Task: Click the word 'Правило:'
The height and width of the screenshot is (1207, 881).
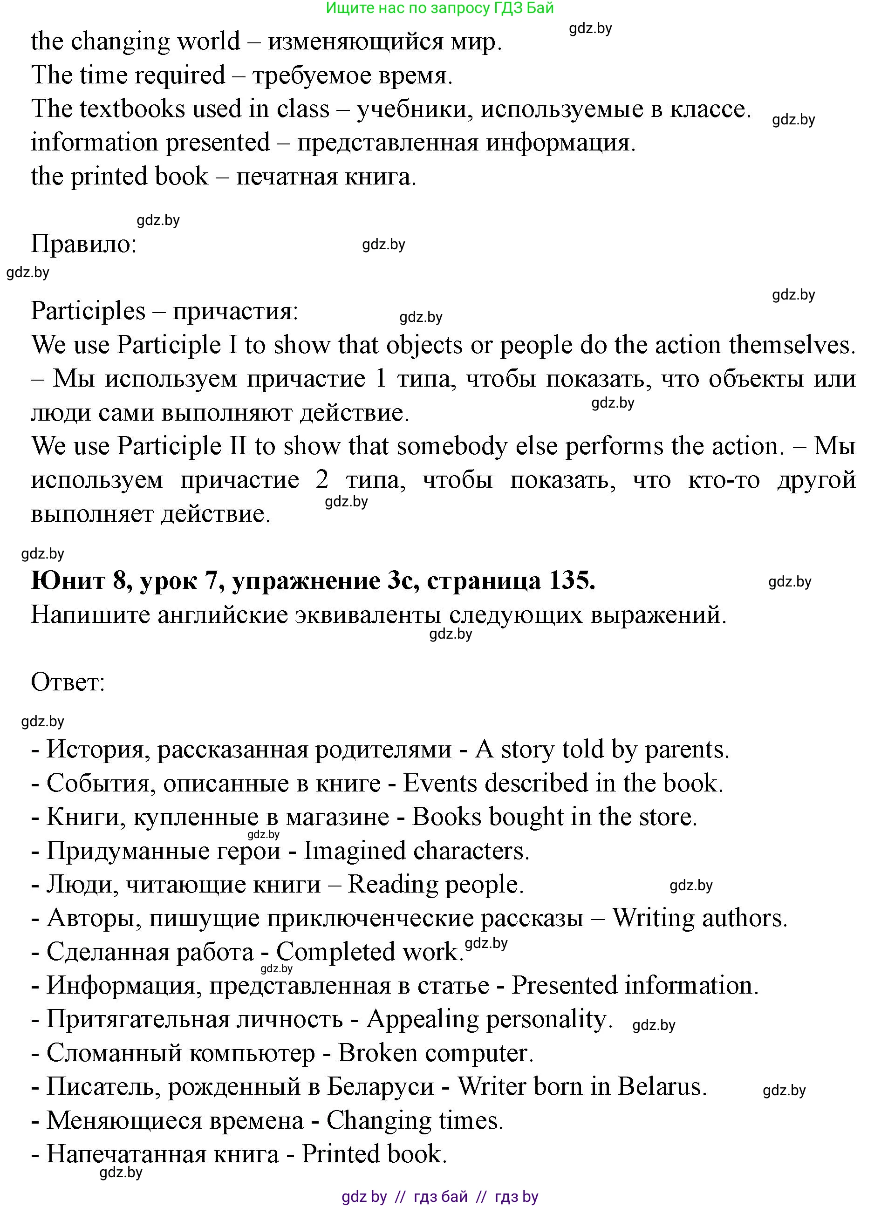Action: click(84, 245)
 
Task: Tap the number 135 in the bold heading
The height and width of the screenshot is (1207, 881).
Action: click(569, 580)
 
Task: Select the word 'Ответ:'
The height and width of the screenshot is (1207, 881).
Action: click(68, 682)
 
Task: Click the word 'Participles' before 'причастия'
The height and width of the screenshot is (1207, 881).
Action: click(88, 311)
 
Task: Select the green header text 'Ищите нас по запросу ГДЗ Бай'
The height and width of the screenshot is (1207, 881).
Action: click(439, 7)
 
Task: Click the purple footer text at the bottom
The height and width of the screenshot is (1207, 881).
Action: click(439, 1197)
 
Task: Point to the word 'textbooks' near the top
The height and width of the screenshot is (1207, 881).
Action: click(131, 109)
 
